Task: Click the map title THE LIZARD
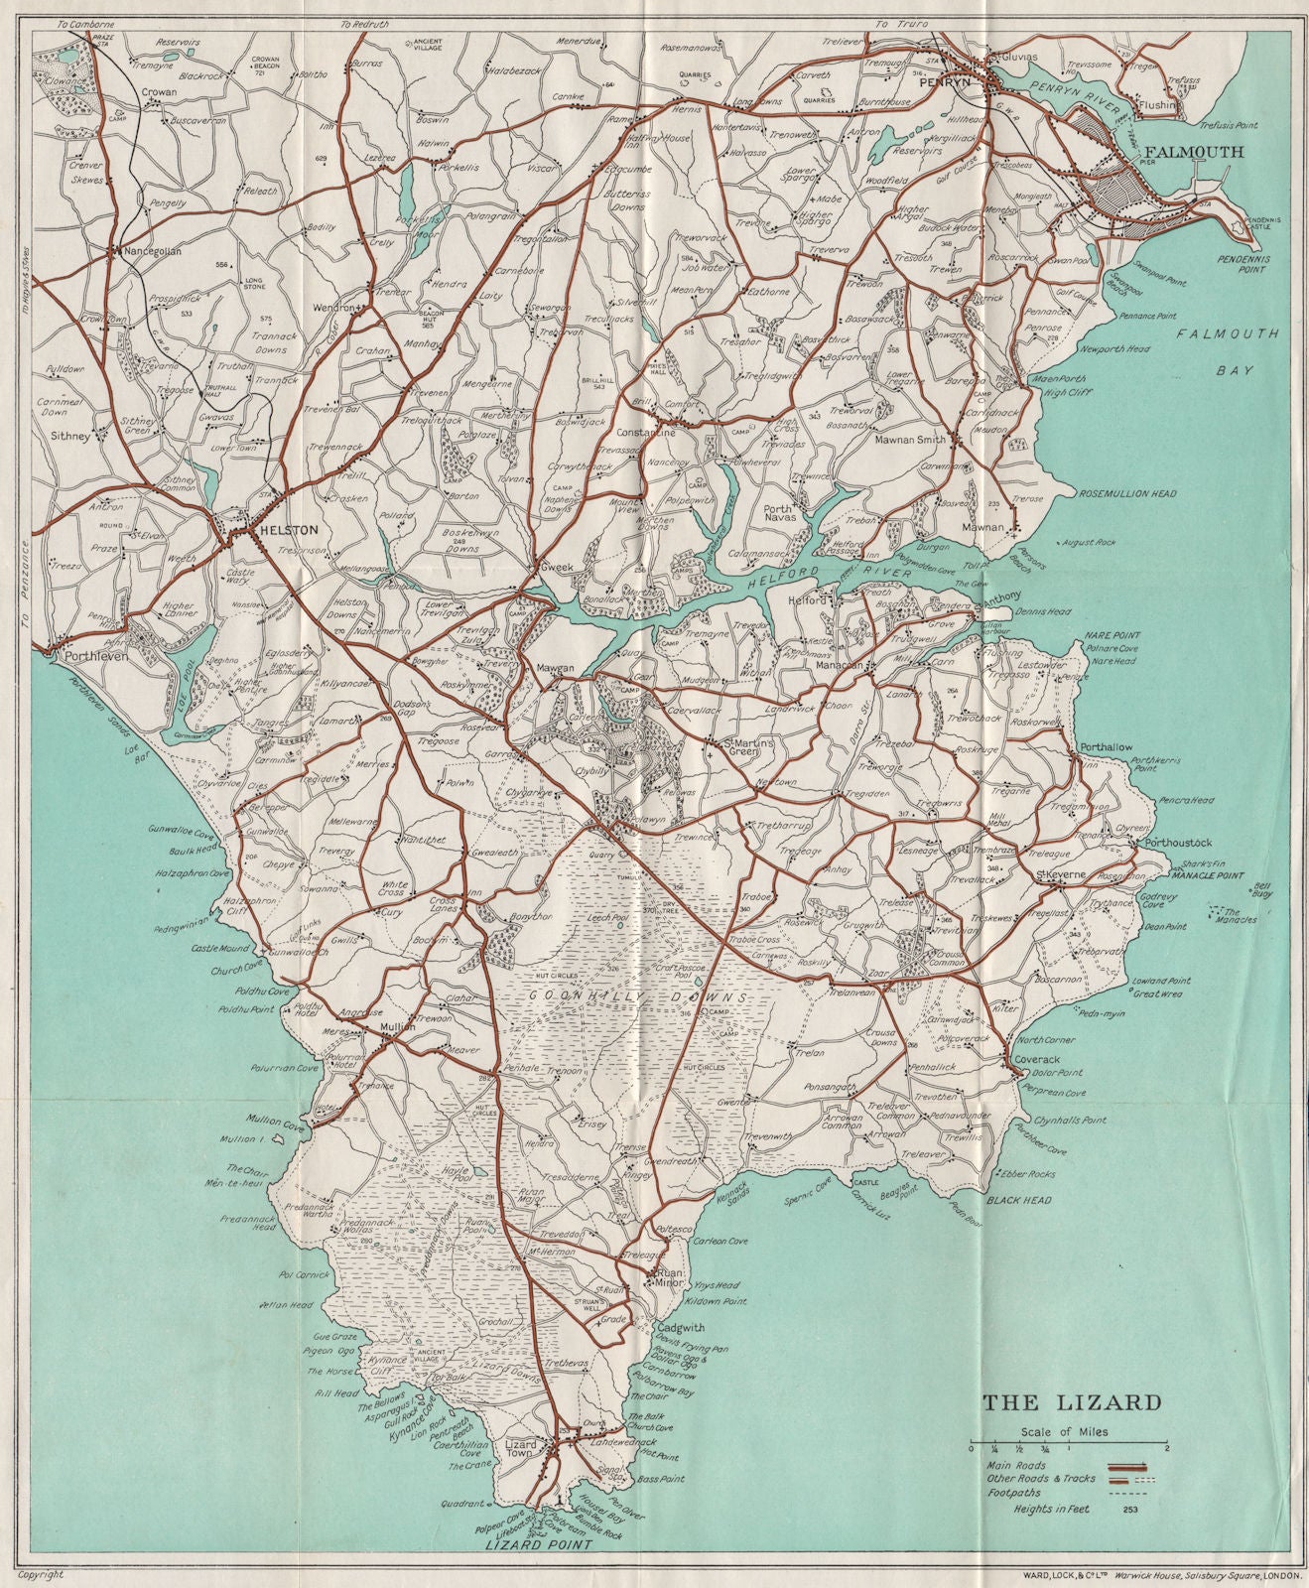click(1071, 1402)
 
